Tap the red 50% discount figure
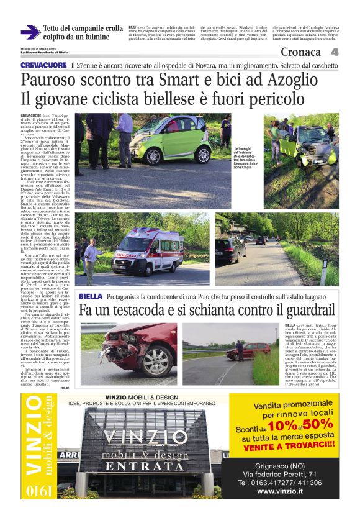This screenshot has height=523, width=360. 318,425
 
